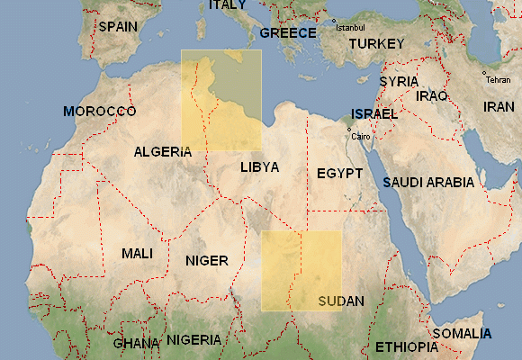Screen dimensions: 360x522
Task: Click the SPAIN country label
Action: click(118, 26)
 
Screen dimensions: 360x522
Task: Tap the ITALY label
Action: click(227, 5)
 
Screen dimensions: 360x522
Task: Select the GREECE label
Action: click(288, 33)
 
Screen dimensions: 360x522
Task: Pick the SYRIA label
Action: click(399, 81)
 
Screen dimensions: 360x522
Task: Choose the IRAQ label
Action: click(432, 95)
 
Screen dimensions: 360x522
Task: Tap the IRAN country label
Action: click(499, 106)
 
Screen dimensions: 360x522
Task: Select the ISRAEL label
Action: click(374, 114)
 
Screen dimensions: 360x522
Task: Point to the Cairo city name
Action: click(361, 136)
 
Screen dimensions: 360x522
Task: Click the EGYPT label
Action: click(340, 173)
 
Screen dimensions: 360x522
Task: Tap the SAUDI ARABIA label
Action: click(428, 182)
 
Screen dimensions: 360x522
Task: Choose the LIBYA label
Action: click(259, 167)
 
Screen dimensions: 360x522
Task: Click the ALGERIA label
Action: click(163, 152)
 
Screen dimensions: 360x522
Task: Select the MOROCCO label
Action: click(99, 112)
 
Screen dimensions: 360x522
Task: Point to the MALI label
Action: click(138, 254)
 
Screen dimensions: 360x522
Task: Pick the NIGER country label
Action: click(207, 261)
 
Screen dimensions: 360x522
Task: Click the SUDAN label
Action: click(341, 301)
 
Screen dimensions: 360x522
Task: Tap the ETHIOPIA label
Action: click(405, 346)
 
